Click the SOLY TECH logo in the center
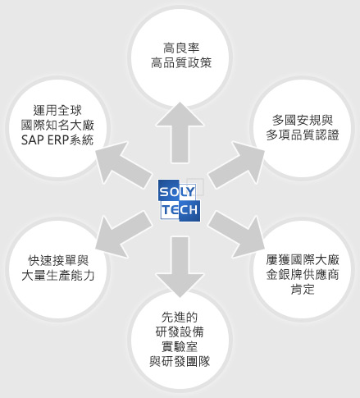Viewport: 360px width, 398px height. pos(180,200)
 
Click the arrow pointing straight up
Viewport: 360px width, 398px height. pos(180,133)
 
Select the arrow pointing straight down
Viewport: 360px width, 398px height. pos(180,267)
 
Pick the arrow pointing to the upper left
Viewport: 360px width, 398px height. pos(124,165)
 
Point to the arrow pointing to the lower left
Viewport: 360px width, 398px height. pos(124,235)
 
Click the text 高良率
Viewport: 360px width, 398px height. pos(181,48)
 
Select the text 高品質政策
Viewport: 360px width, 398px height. pos(181,62)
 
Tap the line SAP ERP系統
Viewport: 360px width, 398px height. pos(57,140)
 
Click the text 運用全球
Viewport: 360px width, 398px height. pos(57,111)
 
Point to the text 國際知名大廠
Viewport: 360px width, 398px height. pos(57,126)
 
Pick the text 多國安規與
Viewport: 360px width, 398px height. pos(303,120)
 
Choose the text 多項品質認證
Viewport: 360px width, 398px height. pos(303,135)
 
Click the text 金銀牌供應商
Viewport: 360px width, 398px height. pos(303,275)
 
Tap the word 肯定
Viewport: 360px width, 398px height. pos(303,290)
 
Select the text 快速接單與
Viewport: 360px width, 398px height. pos(58,261)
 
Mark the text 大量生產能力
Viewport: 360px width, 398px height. pos(58,276)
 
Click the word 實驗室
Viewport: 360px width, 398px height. pos(180,347)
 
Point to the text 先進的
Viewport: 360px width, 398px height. pos(180,318)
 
